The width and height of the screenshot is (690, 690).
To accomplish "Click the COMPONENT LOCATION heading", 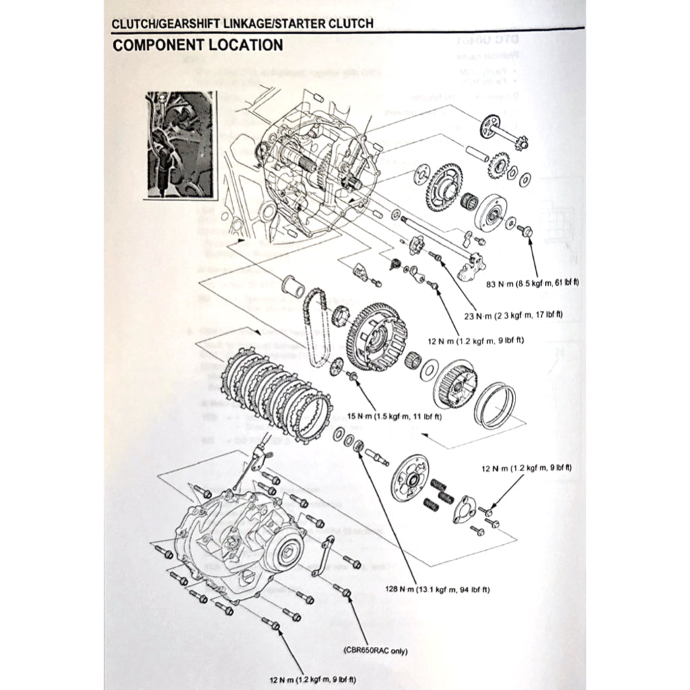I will (x=197, y=46).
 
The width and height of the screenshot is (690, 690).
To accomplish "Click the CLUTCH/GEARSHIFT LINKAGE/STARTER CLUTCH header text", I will (x=243, y=24).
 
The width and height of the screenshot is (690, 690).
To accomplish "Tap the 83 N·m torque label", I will (x=532, y=283).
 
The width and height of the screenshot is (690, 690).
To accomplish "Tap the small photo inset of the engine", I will (x=181, y=144).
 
